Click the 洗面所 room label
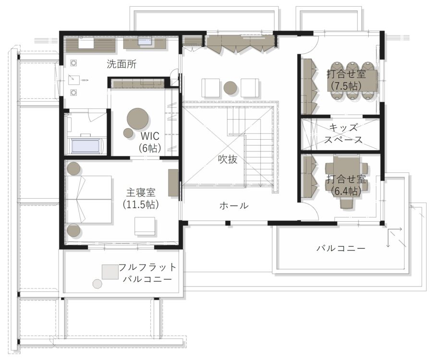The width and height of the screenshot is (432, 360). [x=121, y=64]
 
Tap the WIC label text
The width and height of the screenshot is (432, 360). [x=150, y=136]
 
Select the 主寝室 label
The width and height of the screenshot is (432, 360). [x=141, y=193]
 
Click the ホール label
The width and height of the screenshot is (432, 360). [x=234, y=206]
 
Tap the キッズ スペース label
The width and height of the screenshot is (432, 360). [x=343, y=134]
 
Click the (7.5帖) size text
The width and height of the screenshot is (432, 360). [x=345, y=86]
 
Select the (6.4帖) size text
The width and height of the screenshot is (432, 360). [x=346, y=191]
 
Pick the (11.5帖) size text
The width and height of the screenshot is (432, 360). [x=141, y=204]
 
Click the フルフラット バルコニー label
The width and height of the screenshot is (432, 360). [x=147, y=273]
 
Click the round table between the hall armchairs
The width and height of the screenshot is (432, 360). [x=230, y=88]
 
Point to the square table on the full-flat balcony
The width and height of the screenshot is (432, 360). [x=110, y=272]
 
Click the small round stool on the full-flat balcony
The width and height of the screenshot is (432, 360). [x=97, y=284]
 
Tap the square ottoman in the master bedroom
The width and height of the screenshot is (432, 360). [x=144, y=226]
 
